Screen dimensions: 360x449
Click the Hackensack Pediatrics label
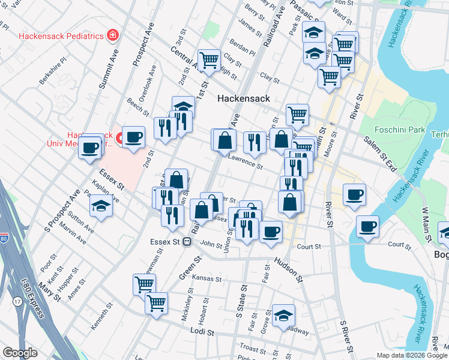coord(61,36)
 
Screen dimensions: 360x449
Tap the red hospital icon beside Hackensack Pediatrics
coord(112,36)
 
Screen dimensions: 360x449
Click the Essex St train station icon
coord(187,242)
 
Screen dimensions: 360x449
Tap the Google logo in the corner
coord(20,353)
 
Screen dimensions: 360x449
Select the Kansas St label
coord(207,279)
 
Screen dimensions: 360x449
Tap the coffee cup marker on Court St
coord(367,227)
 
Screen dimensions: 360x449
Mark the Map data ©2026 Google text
coord(412,355)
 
